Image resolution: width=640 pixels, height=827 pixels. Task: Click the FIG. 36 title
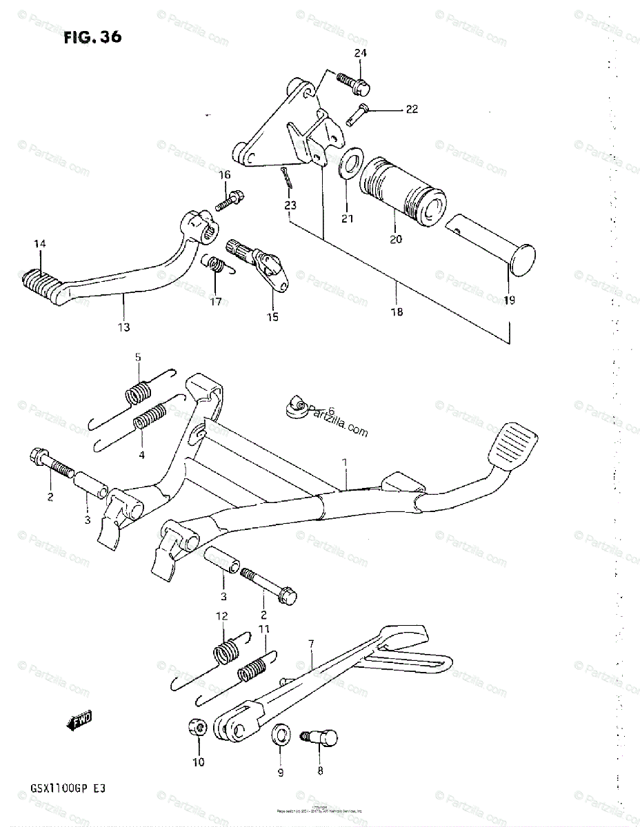(92, 37)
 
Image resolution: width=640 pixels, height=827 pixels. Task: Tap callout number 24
(361, 53)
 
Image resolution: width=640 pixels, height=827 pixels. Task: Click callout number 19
(508, 300)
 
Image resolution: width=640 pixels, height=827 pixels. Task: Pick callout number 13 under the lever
(124, 327)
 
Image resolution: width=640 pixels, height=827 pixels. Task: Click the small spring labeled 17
(217, 265)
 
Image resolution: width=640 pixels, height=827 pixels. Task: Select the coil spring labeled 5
(139, 392)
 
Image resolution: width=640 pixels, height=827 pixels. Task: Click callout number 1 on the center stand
(346, 466)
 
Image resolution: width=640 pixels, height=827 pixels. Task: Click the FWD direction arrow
(79, 722)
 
